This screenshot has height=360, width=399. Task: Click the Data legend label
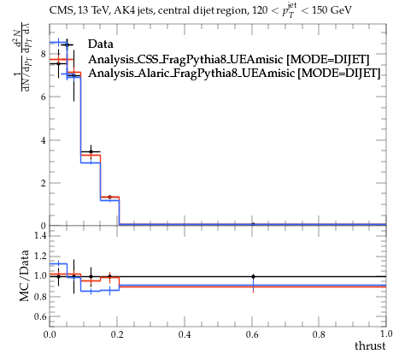click(x=101, y=44)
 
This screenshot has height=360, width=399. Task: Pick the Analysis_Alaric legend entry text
click(x=234, y=74)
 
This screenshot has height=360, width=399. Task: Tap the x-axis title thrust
click(x=370, y=346)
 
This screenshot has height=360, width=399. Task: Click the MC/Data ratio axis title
click(x=25, y=275)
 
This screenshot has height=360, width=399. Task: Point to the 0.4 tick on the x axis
click(x=185, y=334)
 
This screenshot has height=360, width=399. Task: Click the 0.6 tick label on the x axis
click(x=252, y=334)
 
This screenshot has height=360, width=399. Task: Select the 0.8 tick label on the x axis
click(x=319, y=334)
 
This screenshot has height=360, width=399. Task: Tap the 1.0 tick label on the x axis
click(x=386, y=334)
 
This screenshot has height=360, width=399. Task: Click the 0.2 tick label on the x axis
click(x=117, y=334)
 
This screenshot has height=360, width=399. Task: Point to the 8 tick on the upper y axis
click(x=43, y=54)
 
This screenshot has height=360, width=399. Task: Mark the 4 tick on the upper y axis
click(x=43, y=140)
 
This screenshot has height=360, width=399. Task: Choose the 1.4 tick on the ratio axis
click(x=40, y=235)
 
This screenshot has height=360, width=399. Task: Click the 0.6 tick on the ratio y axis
click(x=40, y=316)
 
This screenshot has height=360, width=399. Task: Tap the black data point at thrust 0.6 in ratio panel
click(x=253, y=276)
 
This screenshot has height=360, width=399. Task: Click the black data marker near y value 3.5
click(x=91, y=151)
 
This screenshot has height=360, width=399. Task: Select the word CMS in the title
click(x=60, y=10)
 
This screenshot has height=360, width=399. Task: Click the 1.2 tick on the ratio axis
click(x=40, y=256)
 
